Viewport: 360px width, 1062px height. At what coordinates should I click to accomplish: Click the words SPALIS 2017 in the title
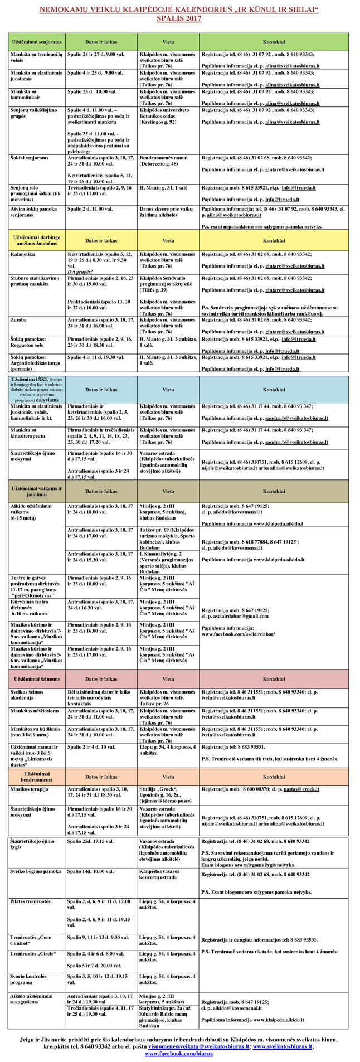coord(179,18)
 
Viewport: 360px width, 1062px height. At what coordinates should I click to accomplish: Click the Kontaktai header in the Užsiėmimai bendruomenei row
coord(274,777)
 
